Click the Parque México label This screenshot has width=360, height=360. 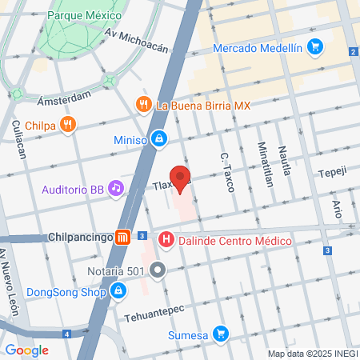tap(86, 15)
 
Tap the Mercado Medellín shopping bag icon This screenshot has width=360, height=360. tap(316, 47)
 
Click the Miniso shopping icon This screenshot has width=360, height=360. tap(160, 138)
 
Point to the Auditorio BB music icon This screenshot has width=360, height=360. tap(117, 189)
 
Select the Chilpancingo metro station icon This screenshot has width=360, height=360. tap(122, 238)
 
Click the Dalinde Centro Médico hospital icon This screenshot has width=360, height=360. tap(166, 238)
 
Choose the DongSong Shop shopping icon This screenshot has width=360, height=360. tap(118, 290)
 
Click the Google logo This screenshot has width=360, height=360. tap(26, 350)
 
